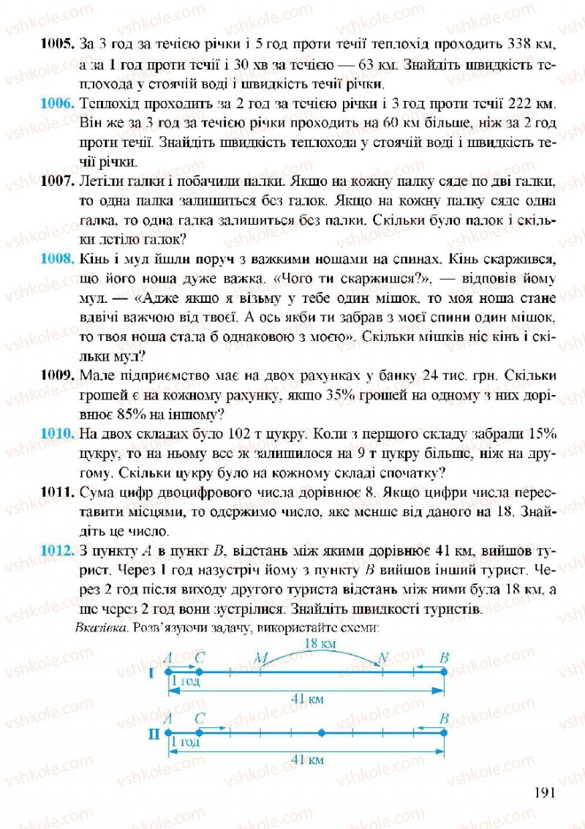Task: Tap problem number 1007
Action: [56, 180]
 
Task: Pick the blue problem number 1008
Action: [56, 259]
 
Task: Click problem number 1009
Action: [56, 376]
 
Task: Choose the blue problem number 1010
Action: [56, 434]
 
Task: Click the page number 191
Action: [546, 792]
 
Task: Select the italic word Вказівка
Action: [97, 627]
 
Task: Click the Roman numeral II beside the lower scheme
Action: [154, 732]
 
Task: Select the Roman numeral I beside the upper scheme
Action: [152, 672]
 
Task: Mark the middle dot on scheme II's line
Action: [322, 732]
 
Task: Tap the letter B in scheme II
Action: [443, 719]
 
